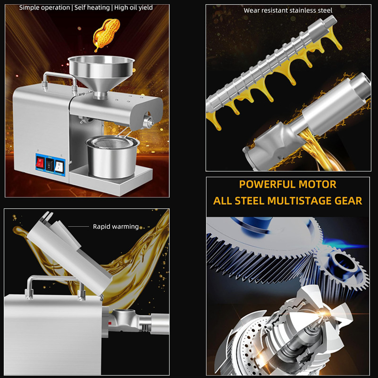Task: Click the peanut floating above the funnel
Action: point(106,34)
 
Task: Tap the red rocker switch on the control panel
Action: point(40,163)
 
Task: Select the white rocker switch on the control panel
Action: point(59,166)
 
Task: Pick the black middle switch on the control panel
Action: point(50,164)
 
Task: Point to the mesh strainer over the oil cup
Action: point(113,143)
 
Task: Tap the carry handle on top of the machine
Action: point(59,81)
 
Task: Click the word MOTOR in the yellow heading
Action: point(317,184)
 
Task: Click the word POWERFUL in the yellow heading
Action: point(267,184)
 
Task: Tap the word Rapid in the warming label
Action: point(101,227)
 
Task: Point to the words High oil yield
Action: point(133,8)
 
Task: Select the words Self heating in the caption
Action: point(92,8)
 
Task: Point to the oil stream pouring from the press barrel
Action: point(316,149)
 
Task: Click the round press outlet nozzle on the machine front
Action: point(148,121)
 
